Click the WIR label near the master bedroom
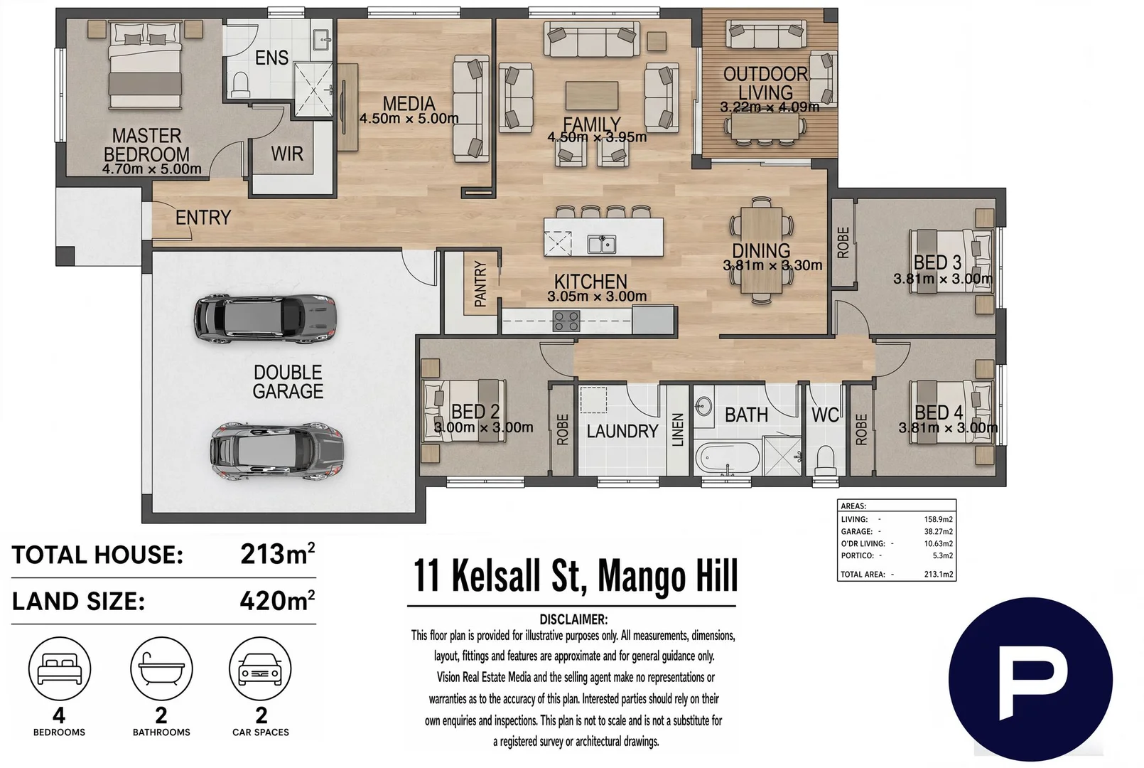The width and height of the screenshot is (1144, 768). coord(287,154)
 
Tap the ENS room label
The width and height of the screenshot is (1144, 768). coord(271,58)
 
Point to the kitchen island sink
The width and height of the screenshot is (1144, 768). coord(602,244)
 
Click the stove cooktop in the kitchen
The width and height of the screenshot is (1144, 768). coord(566,321)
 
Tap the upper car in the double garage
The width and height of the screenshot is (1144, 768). coord(265,319)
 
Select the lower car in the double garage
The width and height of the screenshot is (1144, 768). coord(276,451)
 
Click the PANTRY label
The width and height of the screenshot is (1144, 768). coord(480,284)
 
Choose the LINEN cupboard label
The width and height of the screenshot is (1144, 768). coord(678,430)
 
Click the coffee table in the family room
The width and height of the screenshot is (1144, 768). coord(592,95)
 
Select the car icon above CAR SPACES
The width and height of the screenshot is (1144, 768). coord(261,669)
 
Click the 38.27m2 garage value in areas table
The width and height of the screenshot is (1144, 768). coord(939,531)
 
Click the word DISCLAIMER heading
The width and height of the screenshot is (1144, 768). coord(573,620)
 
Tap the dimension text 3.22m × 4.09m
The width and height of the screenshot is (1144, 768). coord(770,107)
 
